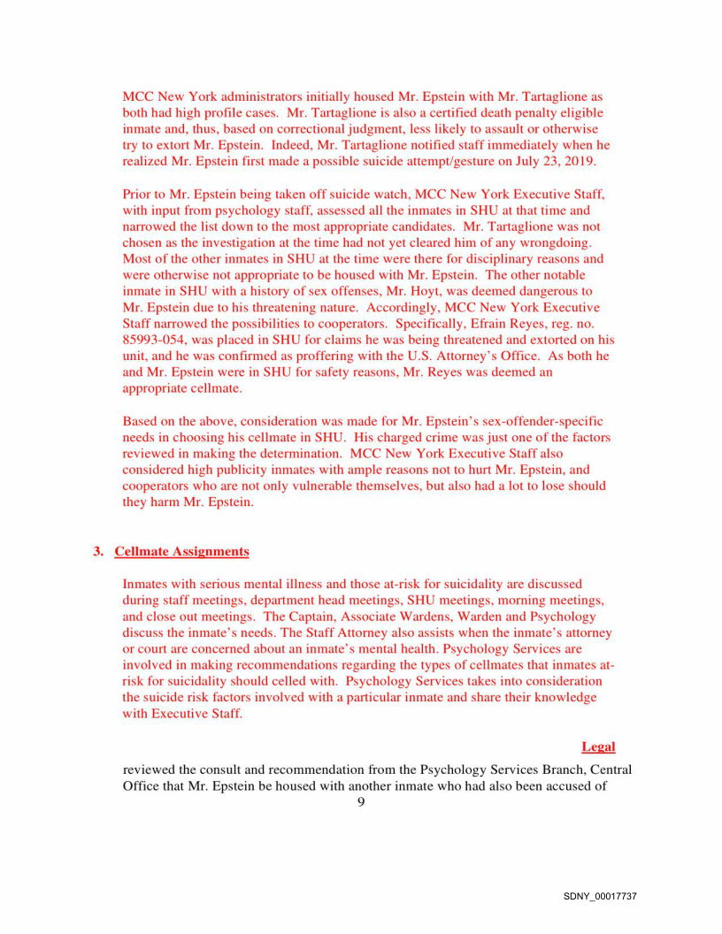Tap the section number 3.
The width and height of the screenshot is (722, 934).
point(98,552)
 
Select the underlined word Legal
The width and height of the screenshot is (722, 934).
point(598,746)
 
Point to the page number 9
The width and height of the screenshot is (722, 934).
point(361,801)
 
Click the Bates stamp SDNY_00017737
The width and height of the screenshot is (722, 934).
point(600,896)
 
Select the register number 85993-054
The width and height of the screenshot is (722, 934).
point(153,340)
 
